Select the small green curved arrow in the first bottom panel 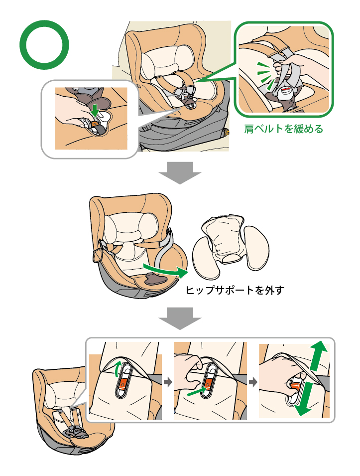tap(118, 369)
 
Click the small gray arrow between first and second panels tap(168, 383)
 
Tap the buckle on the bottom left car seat tap(75, 430)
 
